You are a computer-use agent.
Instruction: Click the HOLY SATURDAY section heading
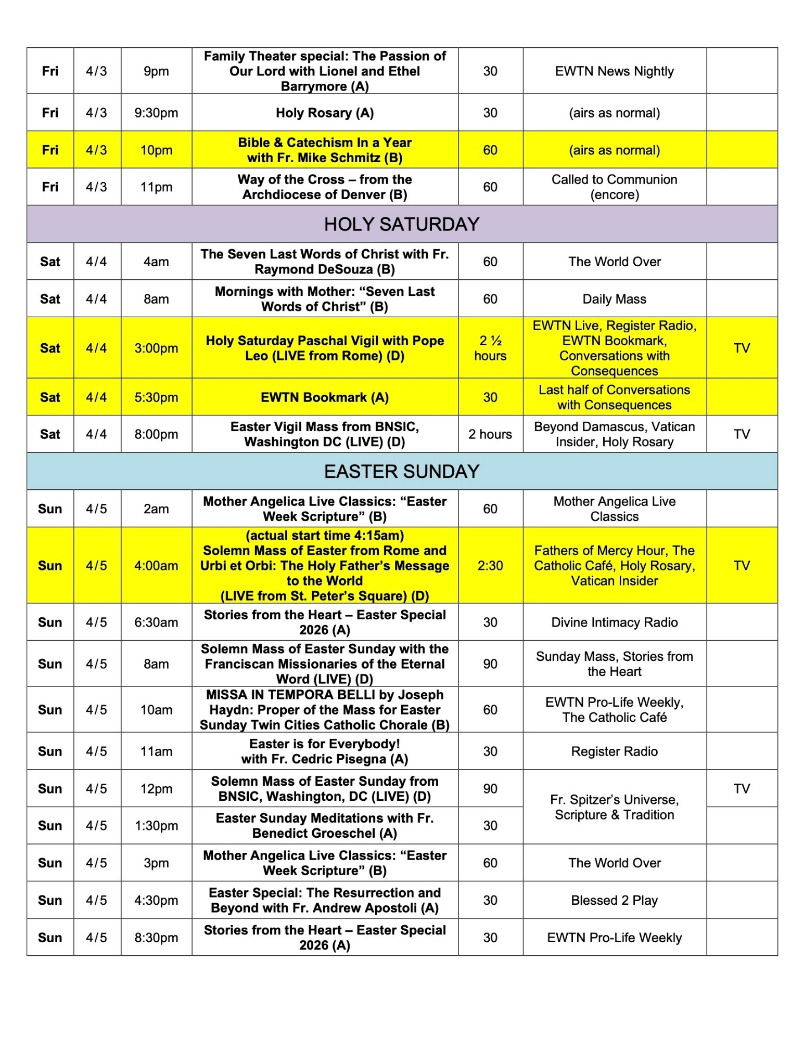[401, 224]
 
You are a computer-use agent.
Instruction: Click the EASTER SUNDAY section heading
[401, 471]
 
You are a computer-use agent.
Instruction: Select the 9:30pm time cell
[156, 113]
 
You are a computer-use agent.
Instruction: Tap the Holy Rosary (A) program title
[325, 113]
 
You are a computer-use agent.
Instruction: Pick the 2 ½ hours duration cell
[490, 348]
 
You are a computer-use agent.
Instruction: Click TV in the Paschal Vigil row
[742, 348]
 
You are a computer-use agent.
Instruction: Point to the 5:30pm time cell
[156, 397]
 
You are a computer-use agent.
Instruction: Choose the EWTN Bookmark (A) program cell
[325, 397]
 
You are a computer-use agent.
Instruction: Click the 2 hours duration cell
[490, 434]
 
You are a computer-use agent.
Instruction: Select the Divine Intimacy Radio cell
[614, 622]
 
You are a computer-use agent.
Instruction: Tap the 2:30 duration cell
[490, 566]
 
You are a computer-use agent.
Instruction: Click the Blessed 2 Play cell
[614, 900]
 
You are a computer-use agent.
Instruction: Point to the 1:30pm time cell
[156, 826]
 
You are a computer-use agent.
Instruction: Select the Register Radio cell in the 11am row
[614, 751]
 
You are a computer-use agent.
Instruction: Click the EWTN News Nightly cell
[614, 71]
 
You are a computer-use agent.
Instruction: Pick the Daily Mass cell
[614, 299]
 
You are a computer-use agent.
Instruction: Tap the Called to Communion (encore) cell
[614, 187]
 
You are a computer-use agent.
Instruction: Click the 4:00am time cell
[156, 566]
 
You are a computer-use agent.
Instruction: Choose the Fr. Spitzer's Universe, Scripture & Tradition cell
[614, 807]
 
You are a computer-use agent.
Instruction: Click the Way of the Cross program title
[325, 187]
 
